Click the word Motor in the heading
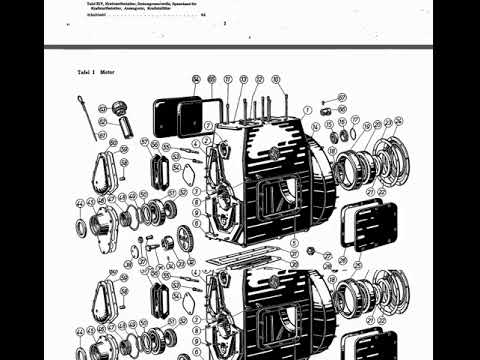coord(109,73)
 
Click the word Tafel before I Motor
coord(84,73)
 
